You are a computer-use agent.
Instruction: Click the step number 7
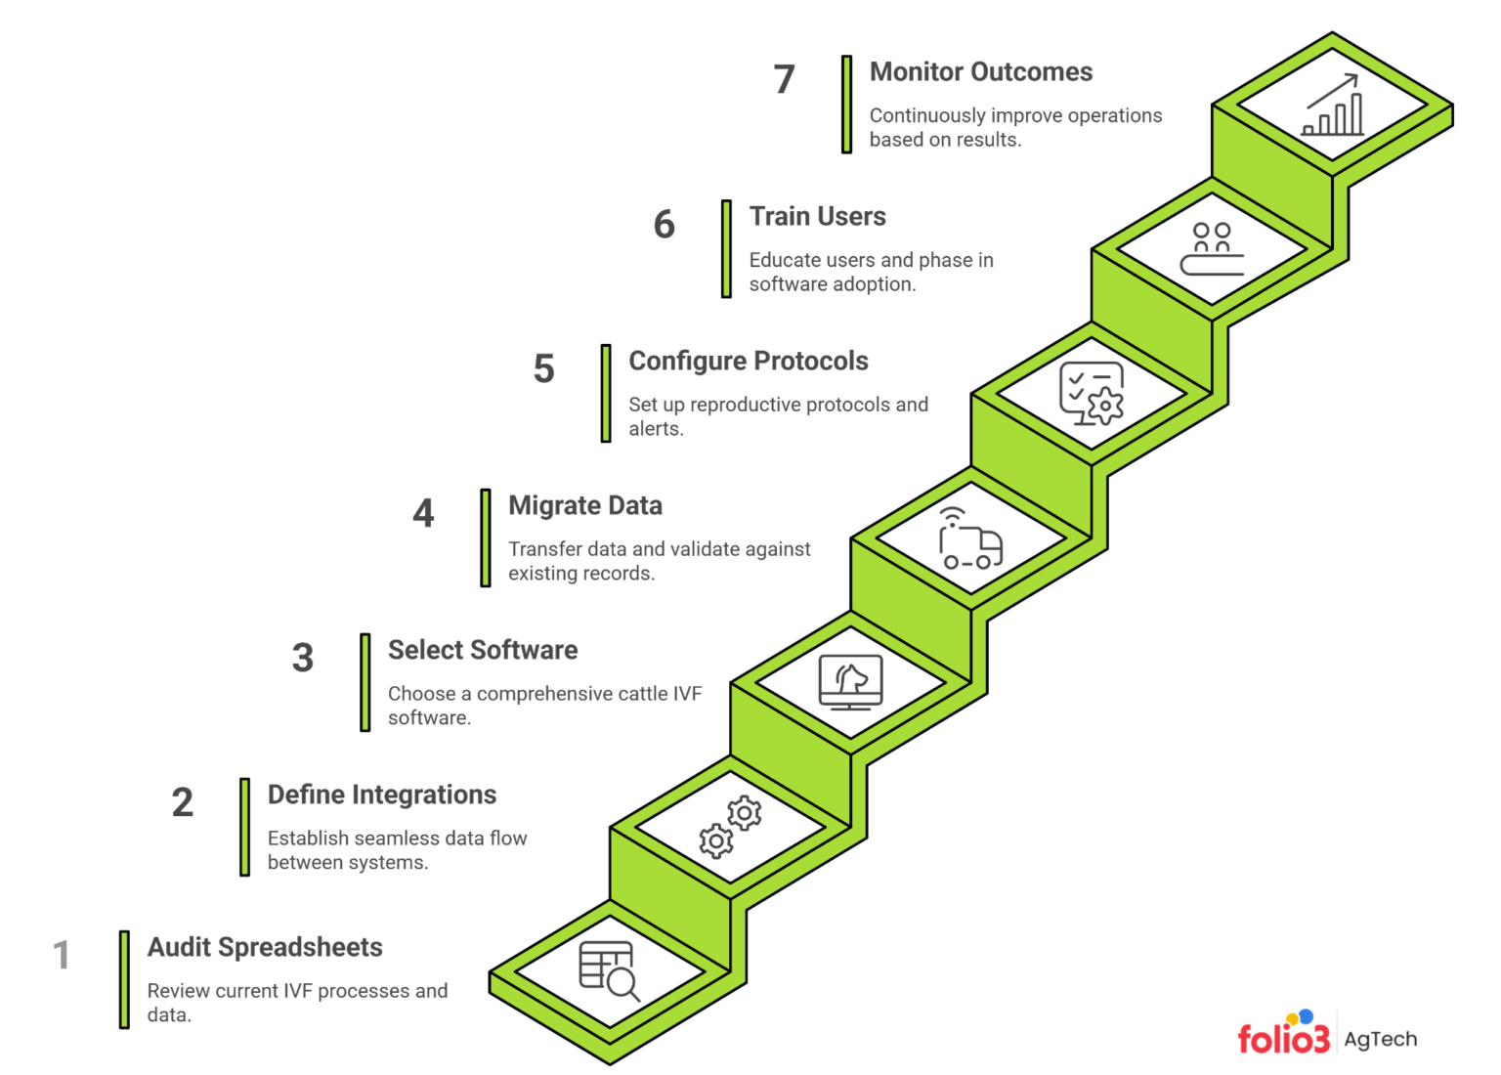784,79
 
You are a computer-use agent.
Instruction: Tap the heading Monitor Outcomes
980,72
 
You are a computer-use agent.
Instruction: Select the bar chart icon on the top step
1333,106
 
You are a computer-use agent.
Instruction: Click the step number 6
664,224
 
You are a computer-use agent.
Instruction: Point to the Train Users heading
817,217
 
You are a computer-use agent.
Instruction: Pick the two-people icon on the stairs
1212,249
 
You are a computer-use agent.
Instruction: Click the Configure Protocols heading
748,362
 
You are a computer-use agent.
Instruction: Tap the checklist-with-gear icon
1092,394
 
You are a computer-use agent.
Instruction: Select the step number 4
423,513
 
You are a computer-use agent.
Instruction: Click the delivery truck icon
970,539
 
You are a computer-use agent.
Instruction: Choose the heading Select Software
482,651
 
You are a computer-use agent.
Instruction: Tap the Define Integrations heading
381,795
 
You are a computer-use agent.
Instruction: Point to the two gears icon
730,827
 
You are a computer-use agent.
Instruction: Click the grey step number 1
62,955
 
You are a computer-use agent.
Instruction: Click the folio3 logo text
1283,1038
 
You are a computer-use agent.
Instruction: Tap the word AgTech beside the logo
1380,1039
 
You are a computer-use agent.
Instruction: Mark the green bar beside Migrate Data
486,537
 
